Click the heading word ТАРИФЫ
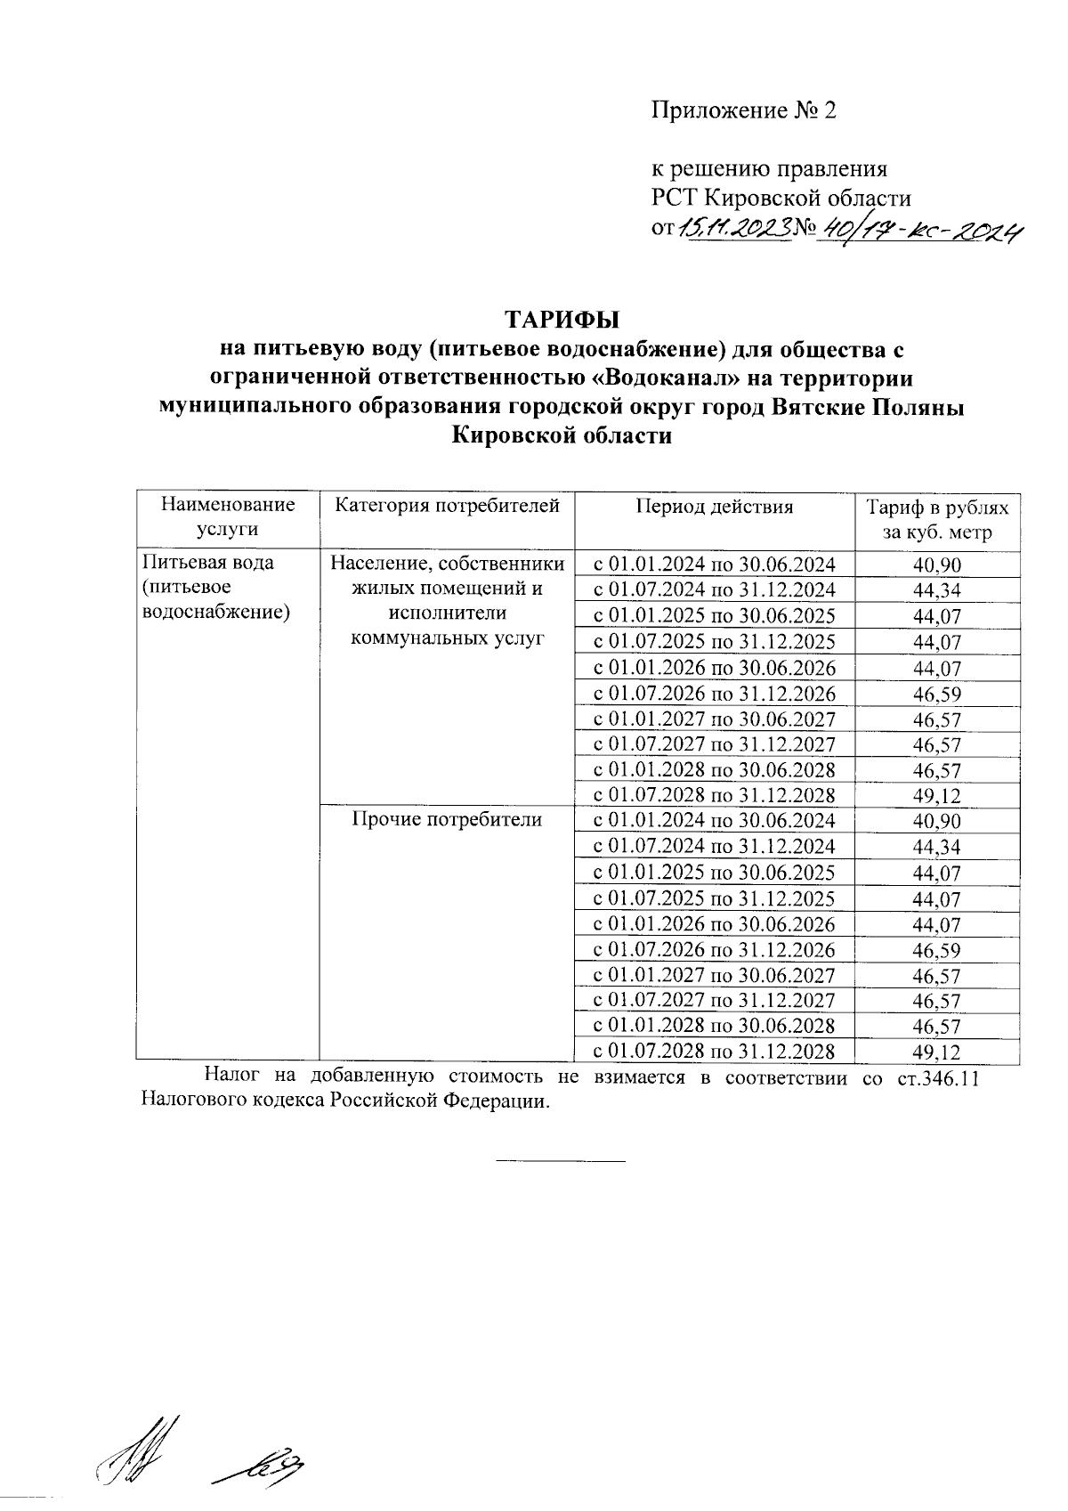coord(562,319)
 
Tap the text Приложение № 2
coord(744,110)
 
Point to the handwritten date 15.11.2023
coord(735,230)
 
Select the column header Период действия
coord(714,508)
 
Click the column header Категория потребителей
coord(447,507)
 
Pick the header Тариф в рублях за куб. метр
coord(937,521)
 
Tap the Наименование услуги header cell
coord(227,517)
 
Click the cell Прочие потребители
coord(447,819)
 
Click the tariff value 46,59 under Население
coord(936,695)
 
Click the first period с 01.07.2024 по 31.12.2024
coord(714,590)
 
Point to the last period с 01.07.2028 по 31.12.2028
coord(714,1052)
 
